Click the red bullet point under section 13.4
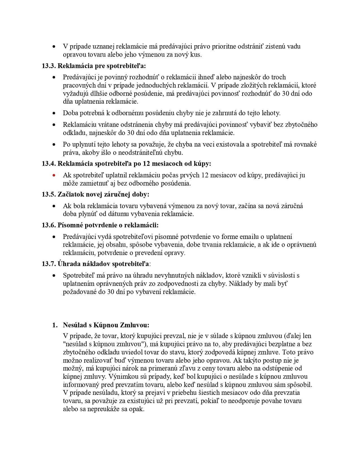click(x=54, y=175)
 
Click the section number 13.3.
click(x=49, y=66)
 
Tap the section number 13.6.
click(x=49, y=225)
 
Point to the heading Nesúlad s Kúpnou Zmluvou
click(x=106, y=325)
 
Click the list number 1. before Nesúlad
click(x=55, y=325)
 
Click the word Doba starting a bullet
click(x=70, y=113)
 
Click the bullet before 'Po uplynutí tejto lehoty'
click(x=54, y=145)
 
